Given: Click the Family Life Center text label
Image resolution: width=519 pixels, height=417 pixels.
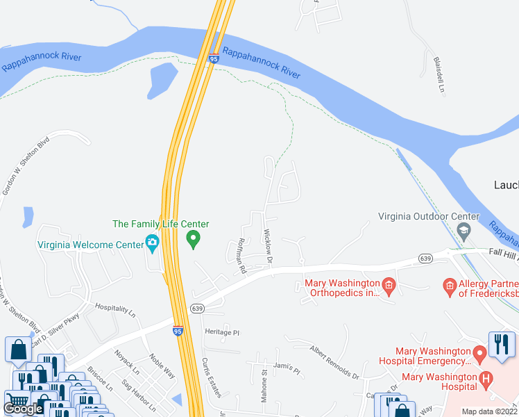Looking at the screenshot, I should [x=161, y=224].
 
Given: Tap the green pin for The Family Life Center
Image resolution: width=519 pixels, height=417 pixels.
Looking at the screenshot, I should [x=194, y=240].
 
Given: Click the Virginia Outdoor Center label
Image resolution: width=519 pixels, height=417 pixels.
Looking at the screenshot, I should [x=428, y=216].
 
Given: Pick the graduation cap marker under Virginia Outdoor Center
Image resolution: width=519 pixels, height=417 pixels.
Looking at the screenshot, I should [x=466, y=229].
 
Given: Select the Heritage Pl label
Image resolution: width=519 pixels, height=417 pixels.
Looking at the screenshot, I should [x=221, y=332].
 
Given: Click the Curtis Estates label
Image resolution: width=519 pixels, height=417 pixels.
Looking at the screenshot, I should [x=210, y=377].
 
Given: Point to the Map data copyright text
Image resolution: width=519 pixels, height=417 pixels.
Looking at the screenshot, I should [x=490, y=411].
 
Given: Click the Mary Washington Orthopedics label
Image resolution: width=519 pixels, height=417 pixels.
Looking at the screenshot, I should [x=343, y=288].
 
